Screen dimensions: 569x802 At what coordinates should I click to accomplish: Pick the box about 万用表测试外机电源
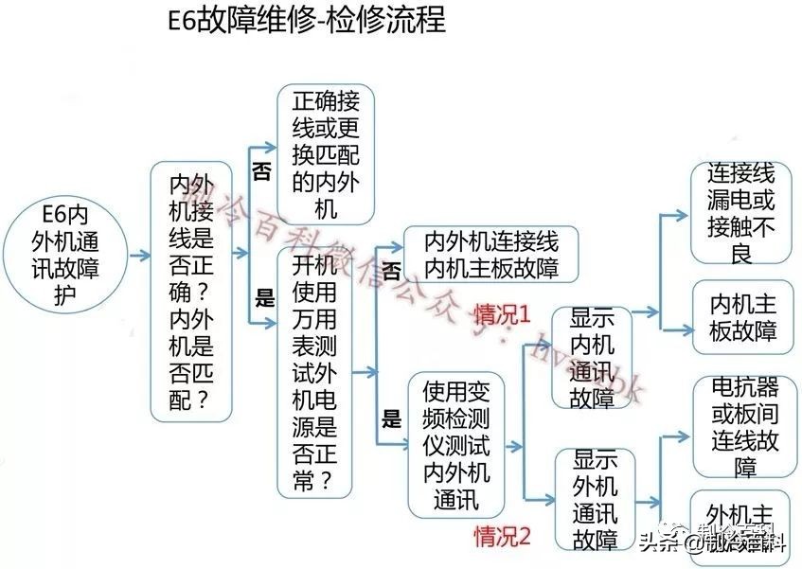314,372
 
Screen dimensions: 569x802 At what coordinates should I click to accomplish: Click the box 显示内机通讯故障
592,358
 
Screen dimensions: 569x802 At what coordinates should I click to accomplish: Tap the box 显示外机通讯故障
594,500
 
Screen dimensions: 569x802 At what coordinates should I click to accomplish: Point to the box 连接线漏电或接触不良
740,213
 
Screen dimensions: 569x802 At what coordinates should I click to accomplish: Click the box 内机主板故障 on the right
742,317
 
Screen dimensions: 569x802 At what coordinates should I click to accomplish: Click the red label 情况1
502,313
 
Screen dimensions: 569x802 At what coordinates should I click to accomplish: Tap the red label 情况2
502,536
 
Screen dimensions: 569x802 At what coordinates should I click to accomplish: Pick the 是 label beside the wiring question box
264,301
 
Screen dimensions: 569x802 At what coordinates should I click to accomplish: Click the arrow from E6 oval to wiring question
139,256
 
